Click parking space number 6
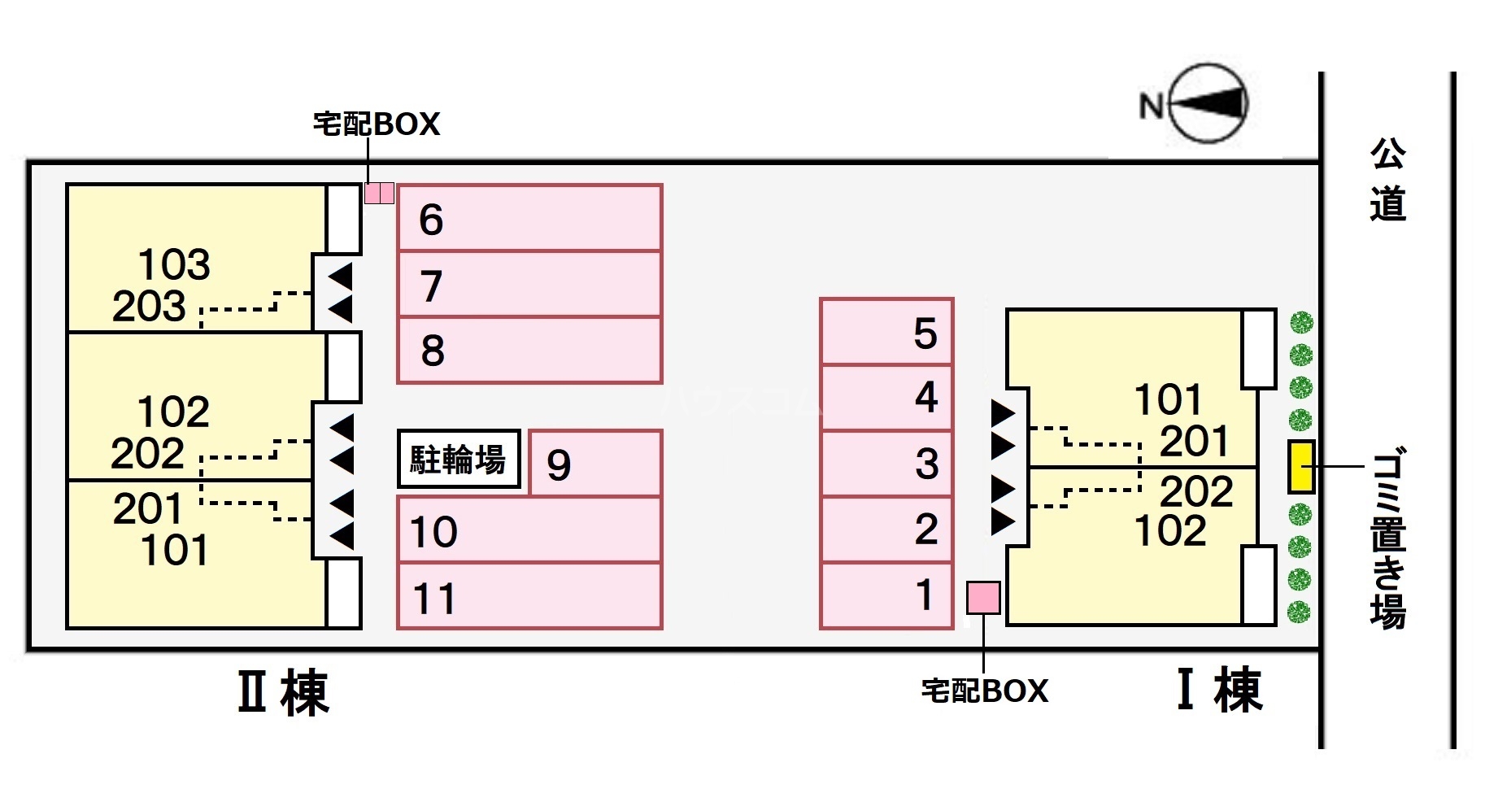point(529,218)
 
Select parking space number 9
point(594,464)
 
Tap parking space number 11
point(529,596)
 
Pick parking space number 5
point(886,332)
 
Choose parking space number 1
point(886,595)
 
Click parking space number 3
point(886,464)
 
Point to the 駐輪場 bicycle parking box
point(459,460)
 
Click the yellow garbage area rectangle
point(1301,466)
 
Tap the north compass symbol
point(1208,103)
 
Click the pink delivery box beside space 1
point(983,598)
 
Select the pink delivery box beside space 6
point(379,193)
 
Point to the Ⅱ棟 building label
point(283,693)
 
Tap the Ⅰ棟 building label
point(1220,691)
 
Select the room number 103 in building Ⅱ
point(174,264)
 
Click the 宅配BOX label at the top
point(377,124)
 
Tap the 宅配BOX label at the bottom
point(985,691)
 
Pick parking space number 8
point(529,350)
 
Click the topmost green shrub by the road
point(1301,323)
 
